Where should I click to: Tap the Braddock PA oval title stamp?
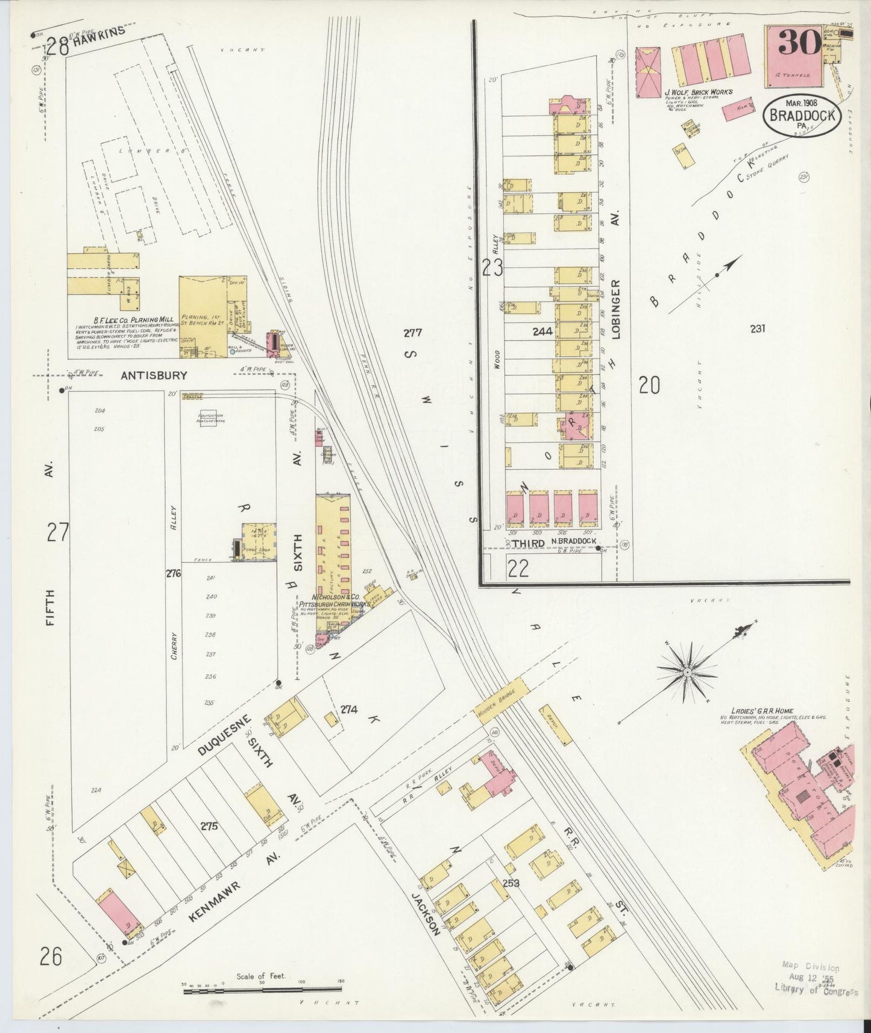801,115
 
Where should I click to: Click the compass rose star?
687,671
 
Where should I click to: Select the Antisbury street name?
154,375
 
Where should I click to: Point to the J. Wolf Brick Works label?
698,92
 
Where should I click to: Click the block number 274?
349,709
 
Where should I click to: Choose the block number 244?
542,331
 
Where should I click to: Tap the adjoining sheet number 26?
52,956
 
